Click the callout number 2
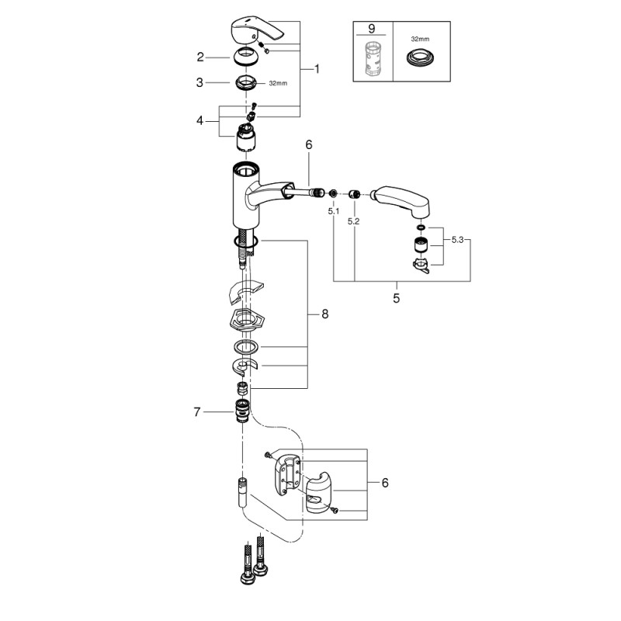200,57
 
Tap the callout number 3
200,82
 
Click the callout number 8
325,314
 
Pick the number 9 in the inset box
371,28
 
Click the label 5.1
333,210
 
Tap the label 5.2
354,220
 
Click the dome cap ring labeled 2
246,57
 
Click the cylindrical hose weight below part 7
241,492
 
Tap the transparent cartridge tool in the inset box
370,58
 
